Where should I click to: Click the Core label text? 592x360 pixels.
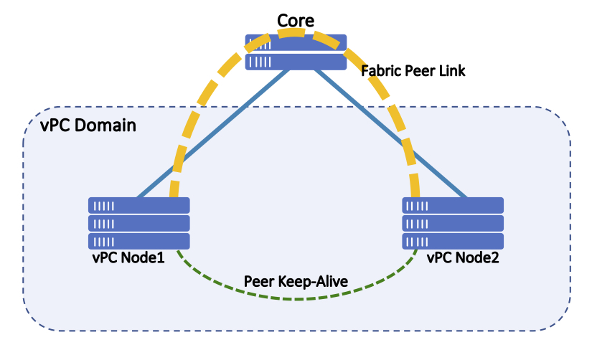296,20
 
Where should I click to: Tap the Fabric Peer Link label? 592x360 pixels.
413,72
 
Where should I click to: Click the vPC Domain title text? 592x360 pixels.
89,125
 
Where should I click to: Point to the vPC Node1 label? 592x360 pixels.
128,257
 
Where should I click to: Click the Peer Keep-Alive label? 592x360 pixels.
296,281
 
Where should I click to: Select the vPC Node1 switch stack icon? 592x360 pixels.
139,223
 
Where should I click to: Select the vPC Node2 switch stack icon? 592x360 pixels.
453,223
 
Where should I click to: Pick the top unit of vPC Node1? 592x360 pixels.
139,206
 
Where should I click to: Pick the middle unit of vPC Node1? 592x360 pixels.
139,223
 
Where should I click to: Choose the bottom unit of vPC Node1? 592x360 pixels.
139,241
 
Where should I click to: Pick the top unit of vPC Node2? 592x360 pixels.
453,206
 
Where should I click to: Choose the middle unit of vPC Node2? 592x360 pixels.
453,223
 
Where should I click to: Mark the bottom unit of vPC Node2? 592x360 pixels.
453,241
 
